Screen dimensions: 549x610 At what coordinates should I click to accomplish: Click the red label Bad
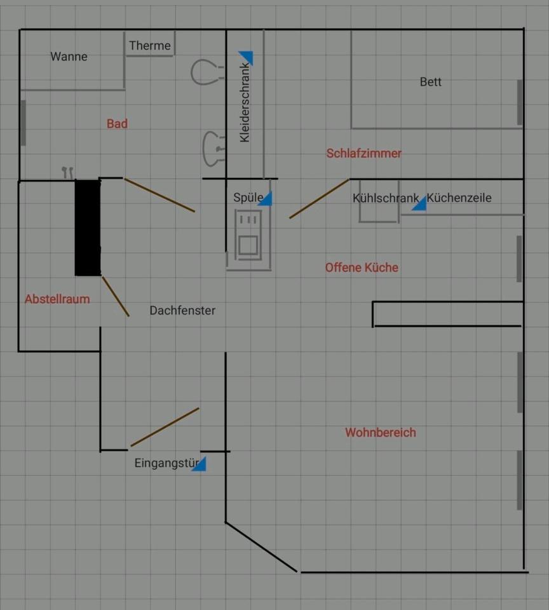(117, 124)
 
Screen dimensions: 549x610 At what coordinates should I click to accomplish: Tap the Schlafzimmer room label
(364, 153)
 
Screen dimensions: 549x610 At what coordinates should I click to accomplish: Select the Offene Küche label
(362, 268)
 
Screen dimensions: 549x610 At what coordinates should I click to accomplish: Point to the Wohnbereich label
(381, 433)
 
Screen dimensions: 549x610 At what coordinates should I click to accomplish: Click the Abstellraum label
(57, 299)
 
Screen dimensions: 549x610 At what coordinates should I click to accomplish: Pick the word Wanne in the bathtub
(69, 57)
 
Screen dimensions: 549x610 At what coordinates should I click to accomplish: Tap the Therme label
(150, 46)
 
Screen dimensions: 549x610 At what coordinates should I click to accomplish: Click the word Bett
(431, 82)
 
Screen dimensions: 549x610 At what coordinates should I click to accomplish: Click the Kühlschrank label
(385, 198)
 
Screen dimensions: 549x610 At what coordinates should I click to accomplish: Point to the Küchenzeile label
(459, 198)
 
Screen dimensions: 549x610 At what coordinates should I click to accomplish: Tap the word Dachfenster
(182, 311)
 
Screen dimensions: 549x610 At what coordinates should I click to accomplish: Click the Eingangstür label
(166, 463)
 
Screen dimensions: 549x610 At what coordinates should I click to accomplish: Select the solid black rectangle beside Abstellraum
(88, 227)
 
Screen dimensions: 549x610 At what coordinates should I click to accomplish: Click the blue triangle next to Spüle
(266, 200)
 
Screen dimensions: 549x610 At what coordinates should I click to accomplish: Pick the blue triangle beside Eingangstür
(200, 464)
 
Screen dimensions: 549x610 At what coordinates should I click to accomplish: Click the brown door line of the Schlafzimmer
(319, 199)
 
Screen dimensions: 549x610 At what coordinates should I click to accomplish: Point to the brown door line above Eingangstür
(165, 427)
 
